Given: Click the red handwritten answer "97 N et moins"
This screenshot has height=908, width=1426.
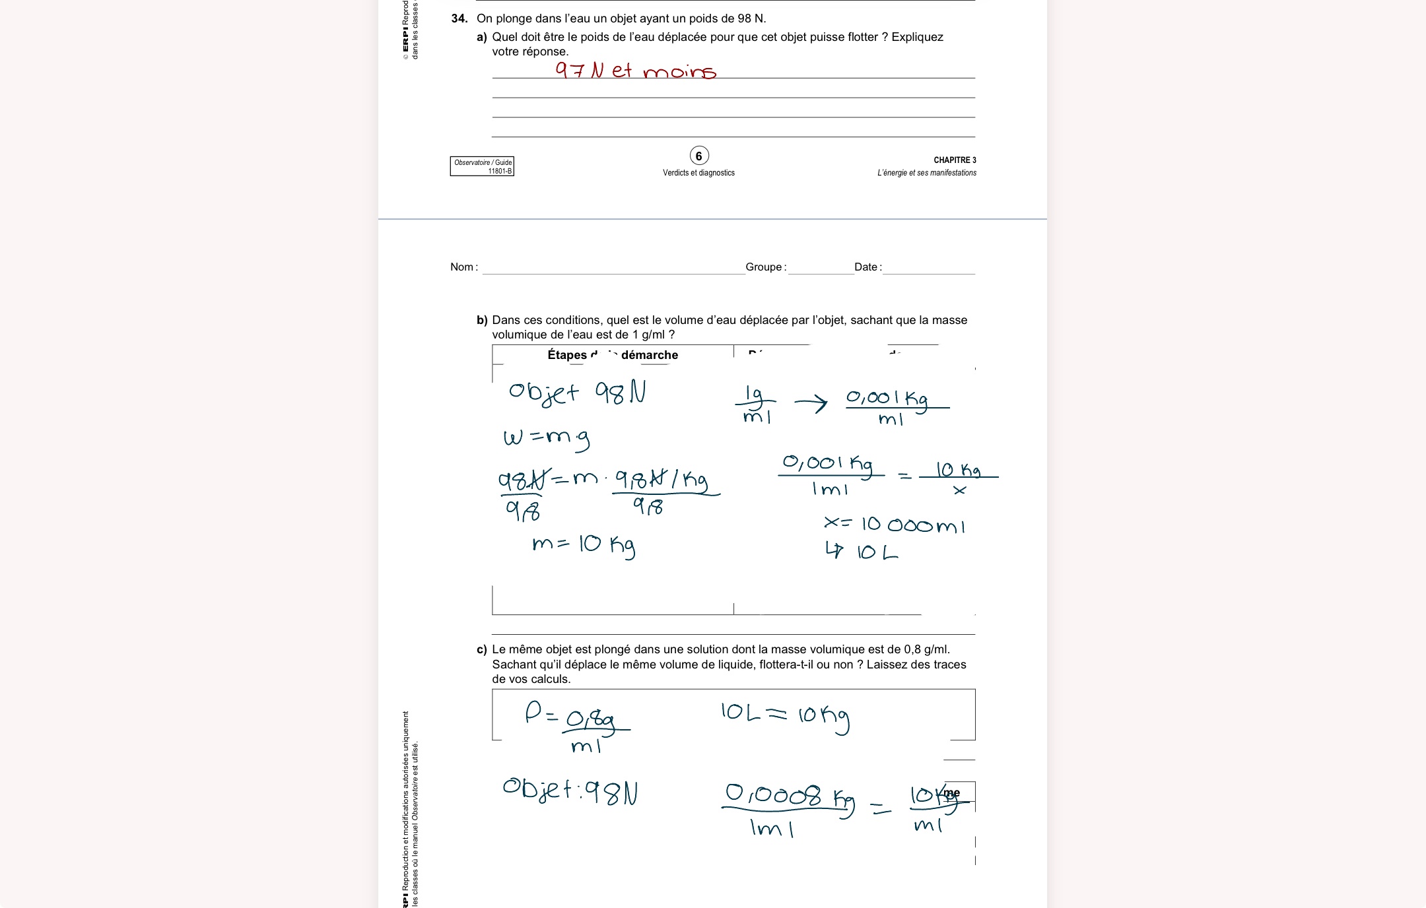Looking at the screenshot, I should coord(635,70).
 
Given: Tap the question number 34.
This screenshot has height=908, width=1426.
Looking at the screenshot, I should coord(459,18).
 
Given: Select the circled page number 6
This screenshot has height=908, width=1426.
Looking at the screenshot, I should coord(698,156).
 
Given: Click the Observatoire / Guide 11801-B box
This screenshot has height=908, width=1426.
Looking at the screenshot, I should coord(482,166).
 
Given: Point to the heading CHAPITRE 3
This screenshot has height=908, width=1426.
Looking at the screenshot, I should coord(954,160).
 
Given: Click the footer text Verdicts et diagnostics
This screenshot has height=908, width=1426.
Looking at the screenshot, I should coord(698,173).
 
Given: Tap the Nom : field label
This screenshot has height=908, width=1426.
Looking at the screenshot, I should coord(463,267).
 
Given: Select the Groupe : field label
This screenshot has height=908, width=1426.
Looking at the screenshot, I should coord(765,267).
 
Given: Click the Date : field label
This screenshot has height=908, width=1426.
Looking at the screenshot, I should coord(867,267).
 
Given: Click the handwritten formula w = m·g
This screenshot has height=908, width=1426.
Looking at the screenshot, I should coord(546,438).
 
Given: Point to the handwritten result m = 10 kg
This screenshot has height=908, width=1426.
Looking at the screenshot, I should coord(583,545).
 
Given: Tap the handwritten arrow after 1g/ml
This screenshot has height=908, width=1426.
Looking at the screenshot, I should coord(811,403).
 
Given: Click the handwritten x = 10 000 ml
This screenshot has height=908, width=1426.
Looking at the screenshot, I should coord(894,525).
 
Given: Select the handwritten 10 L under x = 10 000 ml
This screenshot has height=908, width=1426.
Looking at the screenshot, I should coord(862,551).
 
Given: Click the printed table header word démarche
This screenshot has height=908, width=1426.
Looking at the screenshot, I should coord(650,355).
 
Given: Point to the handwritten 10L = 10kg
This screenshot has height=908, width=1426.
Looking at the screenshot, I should coord(784,715).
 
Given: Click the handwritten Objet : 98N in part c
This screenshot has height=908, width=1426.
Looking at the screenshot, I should coord(570,791).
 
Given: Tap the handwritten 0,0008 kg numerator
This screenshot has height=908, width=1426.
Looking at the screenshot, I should coord(789,796).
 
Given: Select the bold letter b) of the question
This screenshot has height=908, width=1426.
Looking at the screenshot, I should coord(482,321).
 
